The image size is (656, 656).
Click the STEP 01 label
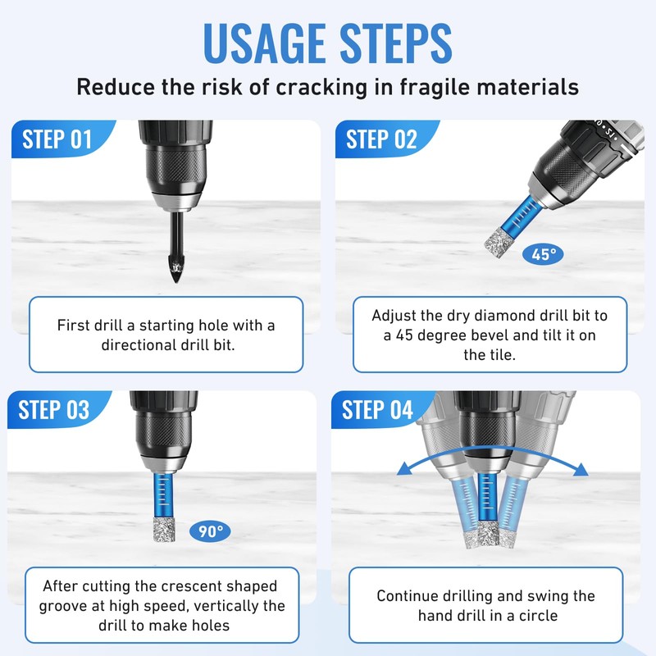[x=57, y=139]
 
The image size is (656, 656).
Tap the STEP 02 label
[x=381, y=139]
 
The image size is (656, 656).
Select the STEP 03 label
[x=54, y=409]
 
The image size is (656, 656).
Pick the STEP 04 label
[x=377, y=409]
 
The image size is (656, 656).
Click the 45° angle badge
[x=540, y=255]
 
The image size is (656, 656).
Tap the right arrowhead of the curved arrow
[x=583, y=470]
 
